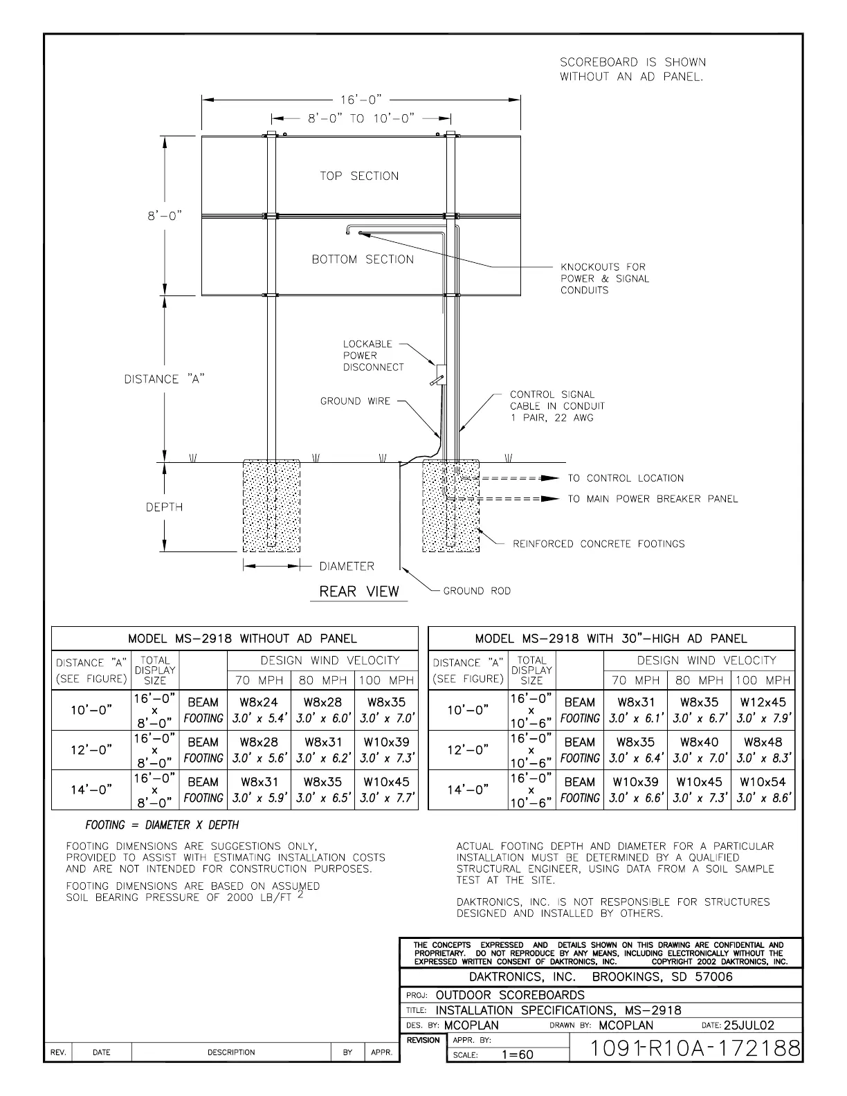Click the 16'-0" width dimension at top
click(x=361, y=100)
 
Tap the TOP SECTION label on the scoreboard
click(x=359, y=176)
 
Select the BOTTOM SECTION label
click(x=363, y=259)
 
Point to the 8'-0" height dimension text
click(x=163, y=216)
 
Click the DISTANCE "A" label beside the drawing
click(x=164, y=379)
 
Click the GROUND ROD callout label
click(x=477, y=591)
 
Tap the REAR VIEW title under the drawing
click(x=359, y=592)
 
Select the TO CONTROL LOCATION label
click(x=626, y=478)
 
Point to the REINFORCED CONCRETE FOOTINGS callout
click(x=599, y=544)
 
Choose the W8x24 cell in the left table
click(x=259, y=702)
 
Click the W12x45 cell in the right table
click(x=763, y=702)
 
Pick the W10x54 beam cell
click(x=763, y=782)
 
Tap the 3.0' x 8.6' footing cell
click(x=763, y=798)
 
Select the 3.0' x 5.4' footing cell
click(x=259, y=718)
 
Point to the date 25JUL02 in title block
click(x=749, y=1025)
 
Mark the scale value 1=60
click(x=517, y=1055)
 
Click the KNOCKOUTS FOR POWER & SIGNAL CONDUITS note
click(x=605, y=278)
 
